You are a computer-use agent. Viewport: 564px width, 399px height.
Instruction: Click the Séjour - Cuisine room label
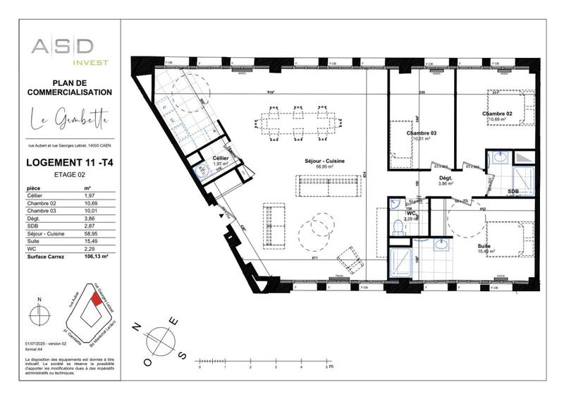325,162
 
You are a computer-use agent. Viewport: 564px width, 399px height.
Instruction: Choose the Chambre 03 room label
422,133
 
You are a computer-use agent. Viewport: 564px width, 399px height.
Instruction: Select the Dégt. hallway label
445,178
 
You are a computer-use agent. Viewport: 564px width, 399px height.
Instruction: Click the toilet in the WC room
399,226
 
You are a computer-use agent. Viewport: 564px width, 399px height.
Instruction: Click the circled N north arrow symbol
39,312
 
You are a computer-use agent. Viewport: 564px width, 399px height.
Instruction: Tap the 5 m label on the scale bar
328,367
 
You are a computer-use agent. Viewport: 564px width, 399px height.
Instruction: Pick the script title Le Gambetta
69,121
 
